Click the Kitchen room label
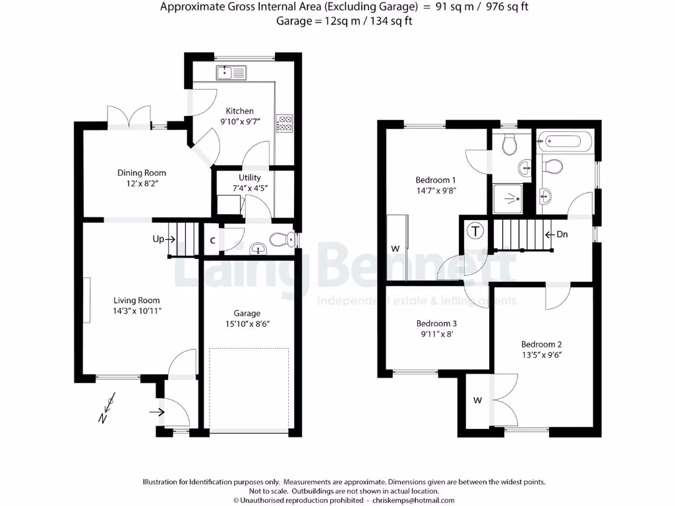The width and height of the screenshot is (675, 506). pos(239,111)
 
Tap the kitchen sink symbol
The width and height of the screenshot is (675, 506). pos(230,72)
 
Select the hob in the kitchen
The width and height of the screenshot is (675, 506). pos(285,123)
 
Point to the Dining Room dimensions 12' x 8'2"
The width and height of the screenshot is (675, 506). pos(142,184)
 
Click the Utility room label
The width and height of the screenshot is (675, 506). pos(250,177)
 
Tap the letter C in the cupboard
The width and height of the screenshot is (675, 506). pos(212,240)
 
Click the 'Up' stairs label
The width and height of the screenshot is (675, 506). pos(158,239)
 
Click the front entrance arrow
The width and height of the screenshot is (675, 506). pos(158,412)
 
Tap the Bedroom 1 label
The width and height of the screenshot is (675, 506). pos(436,179)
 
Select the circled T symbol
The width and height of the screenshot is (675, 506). pos(475,231)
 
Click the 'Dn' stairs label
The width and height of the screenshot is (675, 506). pos(562,234)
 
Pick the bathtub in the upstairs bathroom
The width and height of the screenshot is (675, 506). pos(565,140)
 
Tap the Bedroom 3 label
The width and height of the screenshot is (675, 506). pos(436,323)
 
